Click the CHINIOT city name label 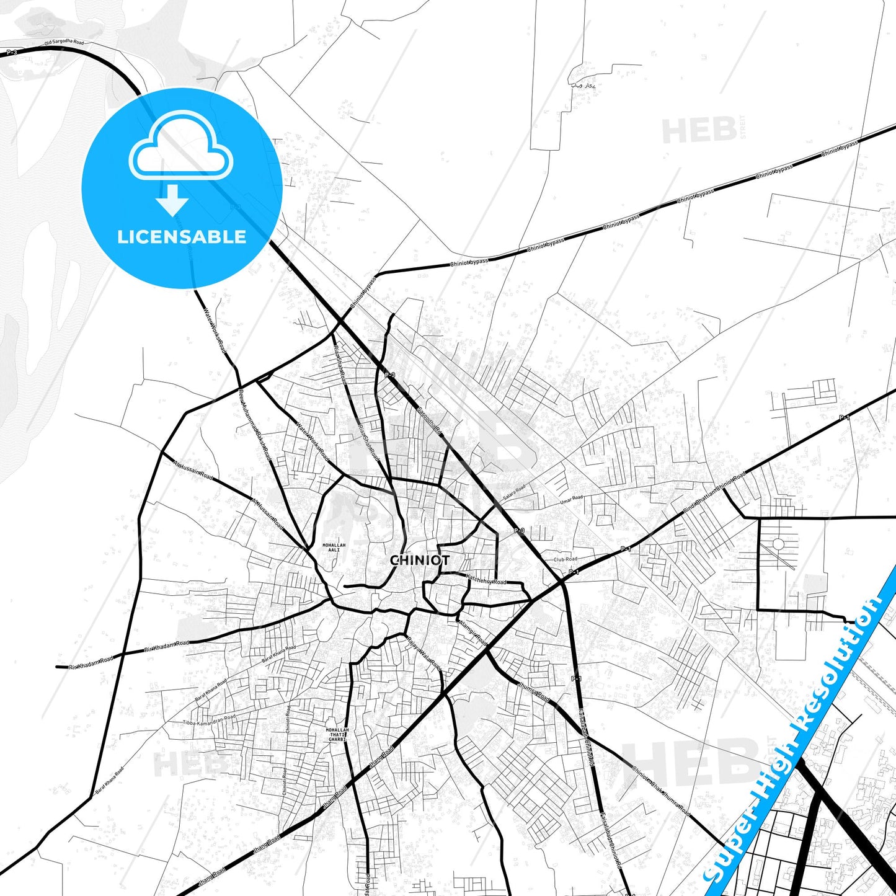coord(420,560)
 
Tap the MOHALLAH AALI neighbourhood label coord(334,548)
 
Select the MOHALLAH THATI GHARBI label coord(337,735)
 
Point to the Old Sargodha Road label coord(63,42)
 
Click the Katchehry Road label coord(486,580)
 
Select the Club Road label coord(565,559)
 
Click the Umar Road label coord(571,500)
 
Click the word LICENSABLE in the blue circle coord(182,237)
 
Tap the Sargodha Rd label coord(429,420)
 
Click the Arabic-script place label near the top coord(582,85)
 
